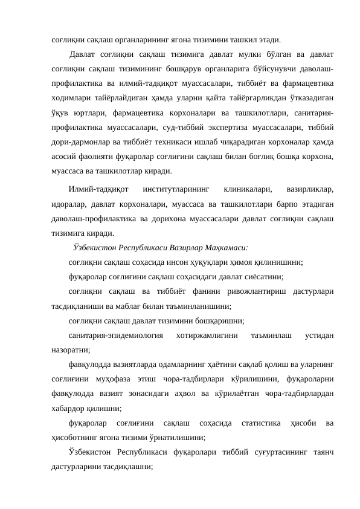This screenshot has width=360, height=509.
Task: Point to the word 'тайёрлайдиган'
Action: point(115,98)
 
